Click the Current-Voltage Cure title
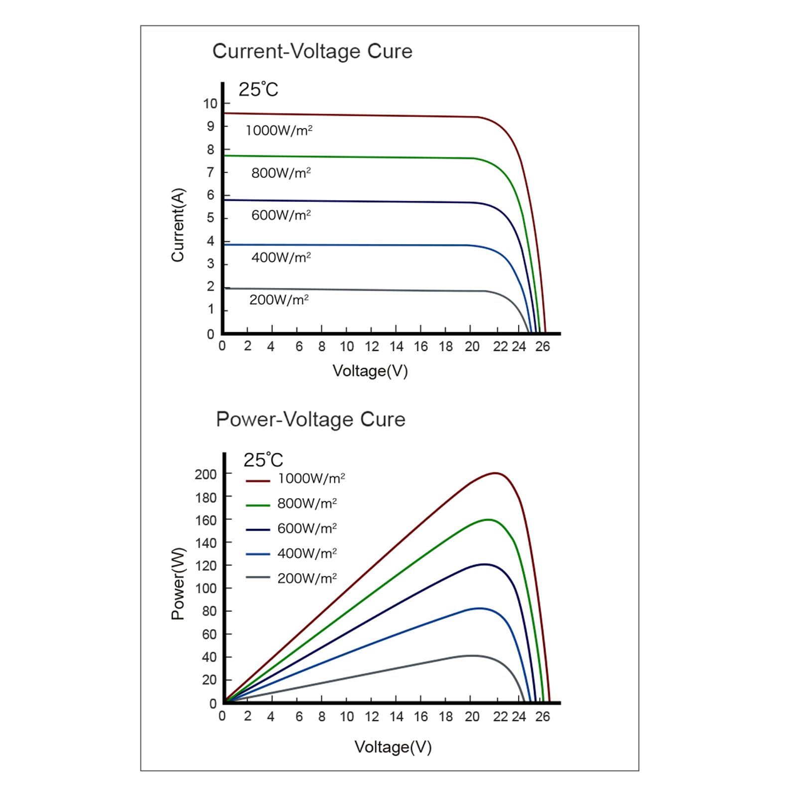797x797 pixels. point(312,51)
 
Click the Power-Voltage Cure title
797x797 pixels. point(311,419)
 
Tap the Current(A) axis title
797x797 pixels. point(178,225)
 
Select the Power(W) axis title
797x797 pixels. point(178,583)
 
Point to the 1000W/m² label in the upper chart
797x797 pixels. point(279,131)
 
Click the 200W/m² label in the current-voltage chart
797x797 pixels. point(279,300)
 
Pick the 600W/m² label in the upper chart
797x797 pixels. point(281,215)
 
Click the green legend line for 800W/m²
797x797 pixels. point(258,505)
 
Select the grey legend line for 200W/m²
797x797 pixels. point(258,577)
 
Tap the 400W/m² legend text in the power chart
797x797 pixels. point(307,553)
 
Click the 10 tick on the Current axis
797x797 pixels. point(210,104)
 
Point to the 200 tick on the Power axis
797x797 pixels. point(206,474)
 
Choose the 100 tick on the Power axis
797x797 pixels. point(206,588)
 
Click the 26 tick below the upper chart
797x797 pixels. point(542,347)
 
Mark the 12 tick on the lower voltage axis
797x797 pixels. point(372,717)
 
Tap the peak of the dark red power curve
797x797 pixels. point(496,473)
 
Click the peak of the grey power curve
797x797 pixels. point(471,656)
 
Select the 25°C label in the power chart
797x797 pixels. point(263,460)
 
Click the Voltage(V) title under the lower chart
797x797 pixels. point(393,747)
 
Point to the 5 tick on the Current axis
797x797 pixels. point(211,218)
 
